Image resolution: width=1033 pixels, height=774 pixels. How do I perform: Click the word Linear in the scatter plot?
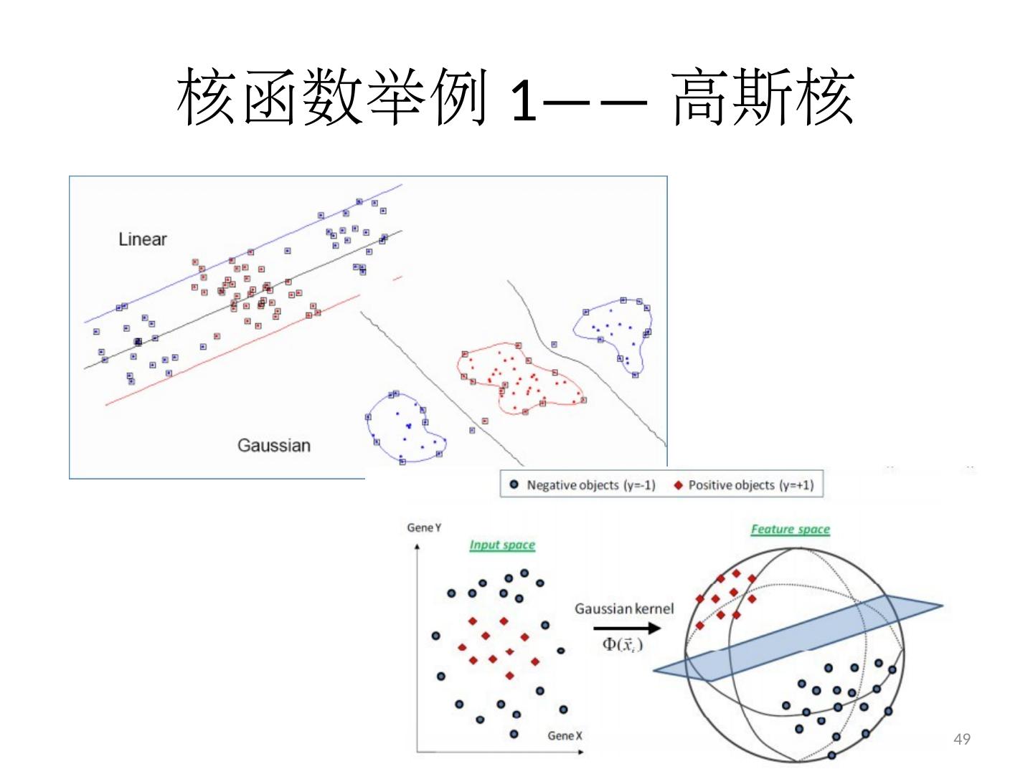click(142, 239)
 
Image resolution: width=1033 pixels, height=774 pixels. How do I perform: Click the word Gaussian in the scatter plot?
click(273, 445)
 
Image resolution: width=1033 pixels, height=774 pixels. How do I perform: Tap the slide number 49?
click(962, 739)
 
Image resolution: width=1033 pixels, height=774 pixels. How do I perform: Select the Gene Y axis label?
click(424, 528)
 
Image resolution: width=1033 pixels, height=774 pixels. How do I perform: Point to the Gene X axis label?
click(565, 736)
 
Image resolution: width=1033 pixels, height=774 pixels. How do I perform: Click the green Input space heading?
click(502, 545)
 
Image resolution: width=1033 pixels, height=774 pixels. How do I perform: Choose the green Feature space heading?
click(790, 530)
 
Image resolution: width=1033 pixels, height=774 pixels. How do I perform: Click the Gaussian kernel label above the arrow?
click(624, 608)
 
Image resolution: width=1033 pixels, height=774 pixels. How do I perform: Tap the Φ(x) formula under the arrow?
click(622, 644)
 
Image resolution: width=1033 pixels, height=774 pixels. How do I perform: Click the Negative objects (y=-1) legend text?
click(590, 485)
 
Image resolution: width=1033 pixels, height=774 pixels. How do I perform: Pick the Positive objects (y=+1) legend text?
click(750, 485)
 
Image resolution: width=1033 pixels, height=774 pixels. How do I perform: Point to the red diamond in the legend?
click(678, 485)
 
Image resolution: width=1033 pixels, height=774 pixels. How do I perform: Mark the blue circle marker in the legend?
click(514, 485)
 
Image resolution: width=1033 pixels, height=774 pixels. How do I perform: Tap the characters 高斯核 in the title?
click(763, 97)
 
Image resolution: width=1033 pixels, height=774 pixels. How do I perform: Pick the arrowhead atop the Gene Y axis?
click(417, 547)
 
